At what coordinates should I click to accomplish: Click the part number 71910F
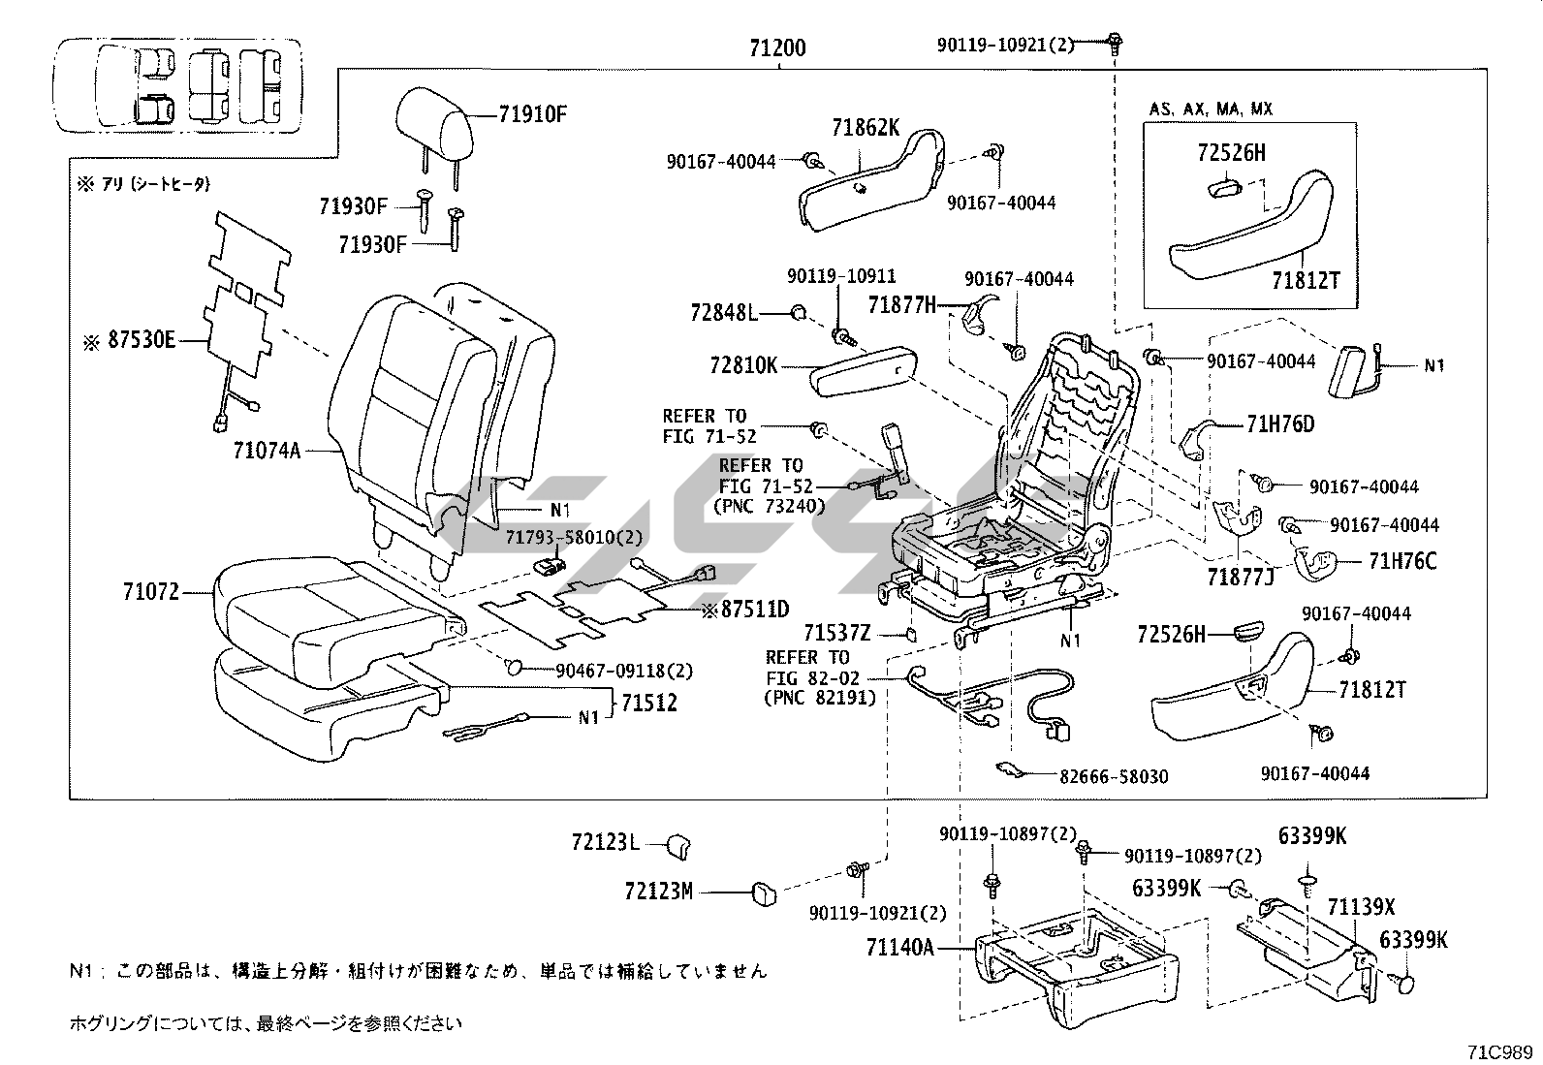pyautogui.click(x=532, y=113)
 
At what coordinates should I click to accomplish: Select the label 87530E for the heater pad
pyautogui.click(x=142, y=342)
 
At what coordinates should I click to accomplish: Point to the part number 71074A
pyautogui.click(x=267, y=450)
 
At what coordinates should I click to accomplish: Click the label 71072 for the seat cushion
pyautogui.click(x=151, y=591)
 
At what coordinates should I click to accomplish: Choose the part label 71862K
pyautogui.click(x=866, y=127)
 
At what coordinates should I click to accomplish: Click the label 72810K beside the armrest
pyautogui.click(x=743, y=365)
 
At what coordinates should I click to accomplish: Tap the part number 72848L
pyautogui.click(x=723, y=312)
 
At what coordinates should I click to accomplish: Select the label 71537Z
pyautogui.click(x=837, y=635)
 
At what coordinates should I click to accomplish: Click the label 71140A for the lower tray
pyautogui.click(x=900, y=946)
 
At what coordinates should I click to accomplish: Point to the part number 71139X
pyautogui.click(x=1361, y=907)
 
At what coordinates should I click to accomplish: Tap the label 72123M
pyautogui.click(x=659, y=891)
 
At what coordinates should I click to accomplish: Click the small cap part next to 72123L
pyautogui.click(x=677, y=845)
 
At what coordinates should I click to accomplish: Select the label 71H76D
pyautogui.click(x=1280, y=423)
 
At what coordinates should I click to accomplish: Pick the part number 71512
pyautogui.click(x=649, y=703)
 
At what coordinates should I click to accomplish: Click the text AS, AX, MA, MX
pyautogui.click(x=1212, y=109)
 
